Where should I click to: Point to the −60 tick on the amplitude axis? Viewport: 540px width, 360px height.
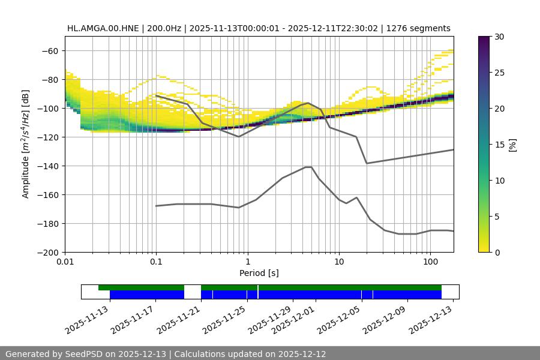point(49,50)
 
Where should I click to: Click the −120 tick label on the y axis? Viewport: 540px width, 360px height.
point(47,137)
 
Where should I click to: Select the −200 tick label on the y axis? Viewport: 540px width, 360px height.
point(47,252)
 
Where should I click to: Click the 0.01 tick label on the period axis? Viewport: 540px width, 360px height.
point(65,262)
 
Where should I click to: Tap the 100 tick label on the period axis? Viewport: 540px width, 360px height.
point(430,262)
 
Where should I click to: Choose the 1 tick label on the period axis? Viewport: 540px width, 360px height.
point(247,262)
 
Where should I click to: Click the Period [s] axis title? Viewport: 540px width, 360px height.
point(259,273)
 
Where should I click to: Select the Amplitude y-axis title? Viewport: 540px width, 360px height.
point(26,144)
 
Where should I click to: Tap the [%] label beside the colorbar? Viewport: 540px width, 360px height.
point(512,145)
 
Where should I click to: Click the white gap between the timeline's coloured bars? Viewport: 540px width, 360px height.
point(192,292)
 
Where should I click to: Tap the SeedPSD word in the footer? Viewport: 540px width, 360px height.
point(86,354)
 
